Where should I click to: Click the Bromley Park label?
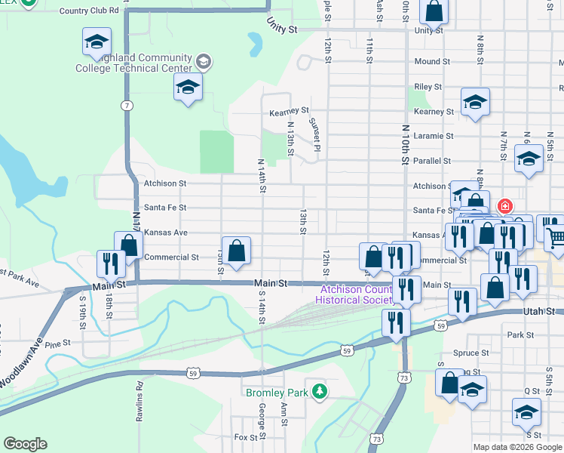click(276, 393)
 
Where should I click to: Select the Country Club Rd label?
click(89, 11)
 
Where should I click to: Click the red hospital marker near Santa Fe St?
click(504, 206)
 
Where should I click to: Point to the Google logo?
click(25, 444)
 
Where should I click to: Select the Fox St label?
click(246, 437)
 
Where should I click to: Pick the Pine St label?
click(57, 344)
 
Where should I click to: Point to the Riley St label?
click(428, 87)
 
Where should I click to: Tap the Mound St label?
click(432, 62)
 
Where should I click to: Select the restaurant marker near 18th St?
click(110, 263)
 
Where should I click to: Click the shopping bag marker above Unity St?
click(434, 11)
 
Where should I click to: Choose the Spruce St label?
click(472, 353)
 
